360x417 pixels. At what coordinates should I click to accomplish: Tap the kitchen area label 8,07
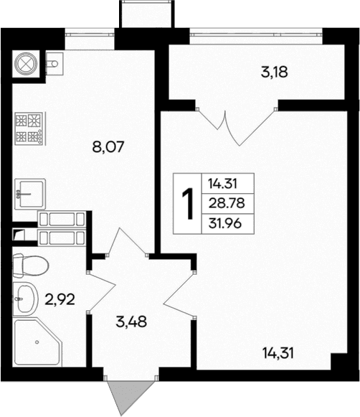click(109, 149)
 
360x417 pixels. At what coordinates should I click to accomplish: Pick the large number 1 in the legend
click(189, 205)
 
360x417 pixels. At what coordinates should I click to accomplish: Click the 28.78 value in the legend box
click(224, 203)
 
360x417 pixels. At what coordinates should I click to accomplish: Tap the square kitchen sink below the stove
click(31, 192)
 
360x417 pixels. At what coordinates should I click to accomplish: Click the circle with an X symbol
click(26, 62)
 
